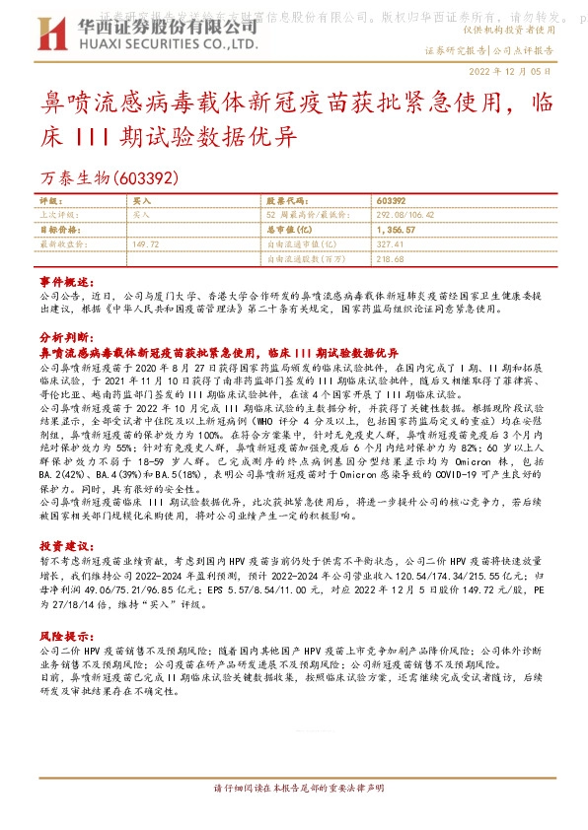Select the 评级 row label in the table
[50, 200]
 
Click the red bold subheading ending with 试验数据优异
[217, 351]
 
